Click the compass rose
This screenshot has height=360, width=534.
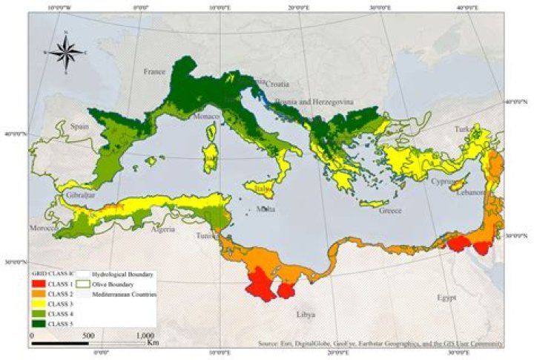(65, 52)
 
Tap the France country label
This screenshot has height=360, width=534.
(154, 72)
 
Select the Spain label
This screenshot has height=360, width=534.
(79, 127)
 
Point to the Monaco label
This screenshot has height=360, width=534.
(206, 117)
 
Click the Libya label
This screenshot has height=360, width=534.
(306, 315)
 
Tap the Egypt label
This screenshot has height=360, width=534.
(446, 298)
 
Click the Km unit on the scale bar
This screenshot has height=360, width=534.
(153, 343)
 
